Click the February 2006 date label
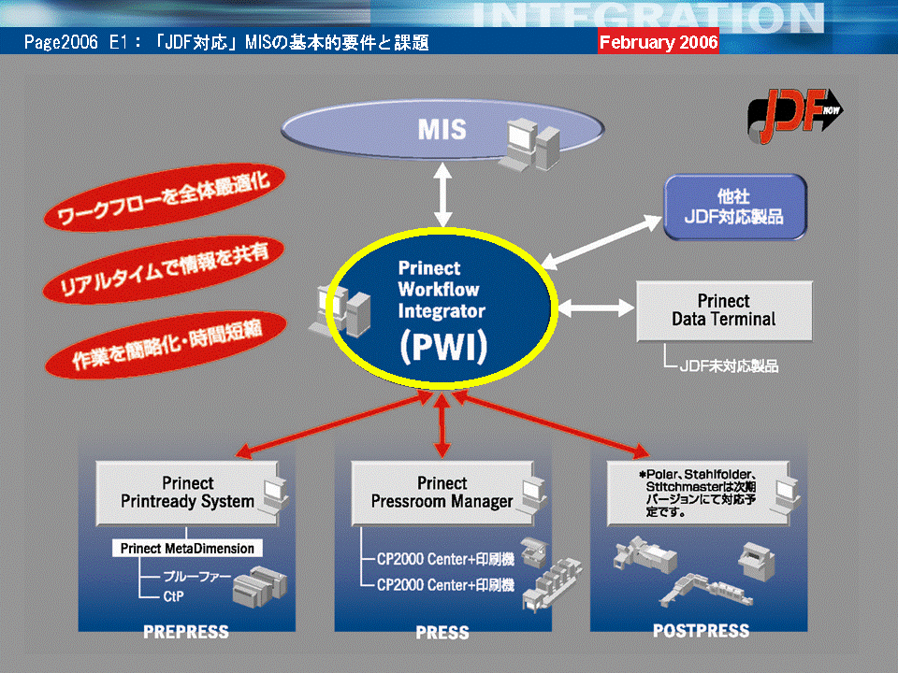[x=659, y=42]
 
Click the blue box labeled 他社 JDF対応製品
[x=734, y=208]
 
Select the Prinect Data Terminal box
[x=724, y=310]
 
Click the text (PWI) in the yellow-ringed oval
[x=442, y=347]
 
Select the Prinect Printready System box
[x=187, y=493]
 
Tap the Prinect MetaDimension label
[x=187, y=549]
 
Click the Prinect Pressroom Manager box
[x=442, y=493]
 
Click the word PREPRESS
[x=185, y=632]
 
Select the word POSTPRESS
[x=701, y=631]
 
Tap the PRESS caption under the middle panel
[x=442, y=633]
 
